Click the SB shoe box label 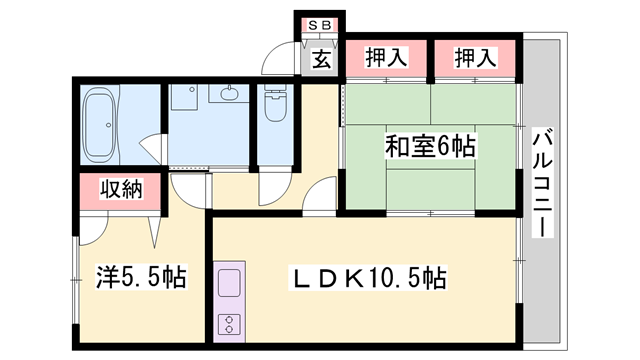click(x=320, y=24)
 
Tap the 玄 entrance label click(x=320, y=59)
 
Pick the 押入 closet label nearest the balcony click(x=477, y=59)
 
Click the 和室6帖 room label click(x=430, y=146)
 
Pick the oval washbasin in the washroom click(x=226, y=95)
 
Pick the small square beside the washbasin click(x=184, y=98)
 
